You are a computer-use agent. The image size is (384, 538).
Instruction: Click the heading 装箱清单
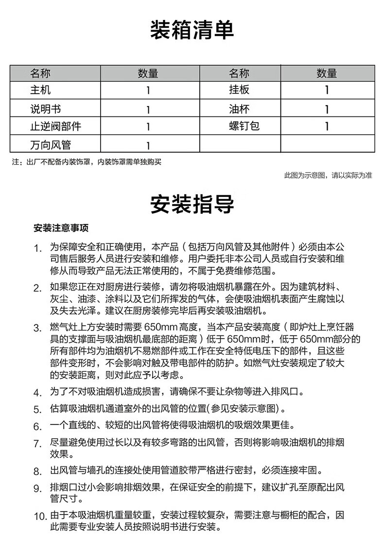(192, 30)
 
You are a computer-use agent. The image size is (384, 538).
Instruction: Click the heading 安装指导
(192, 205)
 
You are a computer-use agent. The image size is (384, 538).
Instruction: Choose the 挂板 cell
(239, 90)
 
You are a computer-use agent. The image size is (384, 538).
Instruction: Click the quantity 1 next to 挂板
(327, 90)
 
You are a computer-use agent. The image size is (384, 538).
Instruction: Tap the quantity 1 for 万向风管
(148, 145)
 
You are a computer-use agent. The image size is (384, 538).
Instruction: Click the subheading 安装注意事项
(61, 228)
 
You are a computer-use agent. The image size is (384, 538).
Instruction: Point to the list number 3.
(37, 327)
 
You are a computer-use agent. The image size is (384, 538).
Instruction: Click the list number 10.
(39, 516)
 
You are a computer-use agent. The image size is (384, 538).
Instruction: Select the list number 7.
(37, 444)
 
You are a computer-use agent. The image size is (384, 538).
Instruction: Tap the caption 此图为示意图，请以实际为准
(328, 176)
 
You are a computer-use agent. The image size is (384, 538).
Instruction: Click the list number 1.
(37, 248)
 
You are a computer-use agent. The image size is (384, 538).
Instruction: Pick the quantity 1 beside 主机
(148, 91)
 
